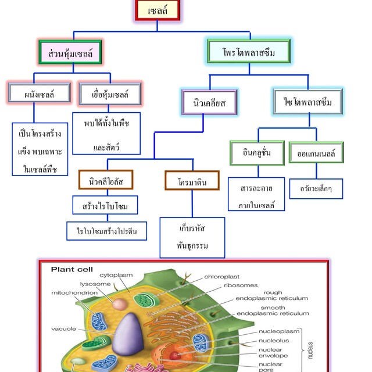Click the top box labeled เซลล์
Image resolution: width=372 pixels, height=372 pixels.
tap(158, 10)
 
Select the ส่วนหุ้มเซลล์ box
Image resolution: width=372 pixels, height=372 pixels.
tap(70, 52)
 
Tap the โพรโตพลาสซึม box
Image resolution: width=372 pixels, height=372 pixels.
tap(249, 52)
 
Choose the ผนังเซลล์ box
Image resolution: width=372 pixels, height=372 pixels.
tap(40, 93)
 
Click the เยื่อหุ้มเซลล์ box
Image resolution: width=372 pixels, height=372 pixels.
tap(110, 94)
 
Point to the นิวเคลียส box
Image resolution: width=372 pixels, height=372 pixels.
tap(209, 102)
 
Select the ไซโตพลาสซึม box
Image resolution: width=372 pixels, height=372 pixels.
tap(308, 102)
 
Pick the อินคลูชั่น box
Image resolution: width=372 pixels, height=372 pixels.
tap(257, 153)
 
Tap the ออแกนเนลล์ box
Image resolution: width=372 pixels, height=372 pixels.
tap(316, 152)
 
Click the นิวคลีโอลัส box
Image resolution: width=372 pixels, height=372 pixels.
tap(106, 180)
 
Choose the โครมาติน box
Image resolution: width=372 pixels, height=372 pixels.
tap(192, 180)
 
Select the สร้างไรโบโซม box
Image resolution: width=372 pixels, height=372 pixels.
tap(105, 205)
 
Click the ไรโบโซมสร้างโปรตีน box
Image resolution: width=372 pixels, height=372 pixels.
tap(107, 231)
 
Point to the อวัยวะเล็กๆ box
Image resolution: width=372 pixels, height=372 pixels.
tap(316, 188)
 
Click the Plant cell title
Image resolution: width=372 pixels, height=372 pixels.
tap(72, 269)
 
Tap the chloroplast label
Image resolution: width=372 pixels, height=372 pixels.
tap(221, 277)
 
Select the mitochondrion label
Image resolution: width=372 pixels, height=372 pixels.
tap(74, 293)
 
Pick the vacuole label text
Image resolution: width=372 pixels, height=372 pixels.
tap(63, 329)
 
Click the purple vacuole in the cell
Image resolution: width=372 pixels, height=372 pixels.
tap(128, 334)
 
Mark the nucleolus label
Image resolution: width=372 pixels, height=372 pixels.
tap(274, 341)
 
